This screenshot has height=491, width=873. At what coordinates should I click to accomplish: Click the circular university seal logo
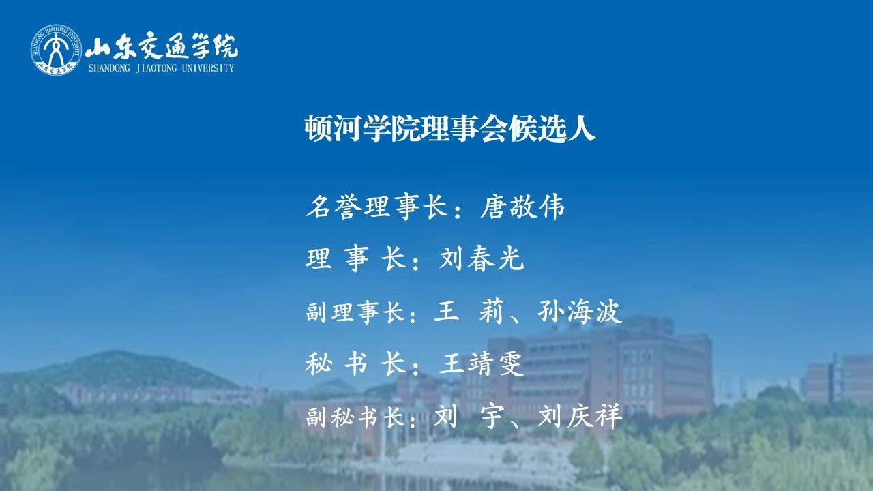[57, 50]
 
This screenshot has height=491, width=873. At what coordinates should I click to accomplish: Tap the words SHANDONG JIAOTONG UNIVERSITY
[161, 68]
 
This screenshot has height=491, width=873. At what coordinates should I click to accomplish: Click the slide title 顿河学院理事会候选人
[450, 128]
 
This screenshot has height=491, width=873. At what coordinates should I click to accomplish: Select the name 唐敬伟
[522, 207]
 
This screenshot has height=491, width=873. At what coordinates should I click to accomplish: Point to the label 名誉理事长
[376, 207]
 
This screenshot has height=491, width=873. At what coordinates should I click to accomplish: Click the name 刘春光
[482, 258]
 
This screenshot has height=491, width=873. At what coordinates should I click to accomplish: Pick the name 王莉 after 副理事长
[469, 312]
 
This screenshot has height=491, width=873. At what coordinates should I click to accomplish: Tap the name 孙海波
[580, 312]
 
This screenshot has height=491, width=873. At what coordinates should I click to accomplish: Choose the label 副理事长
[355, 312]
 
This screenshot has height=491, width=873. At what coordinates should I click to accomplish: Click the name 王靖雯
[482, 364]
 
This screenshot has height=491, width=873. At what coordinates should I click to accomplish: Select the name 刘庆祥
[580, 416]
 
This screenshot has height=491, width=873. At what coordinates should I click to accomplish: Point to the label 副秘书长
[355, 417]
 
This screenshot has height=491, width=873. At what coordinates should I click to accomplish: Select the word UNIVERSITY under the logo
[208, 68]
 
